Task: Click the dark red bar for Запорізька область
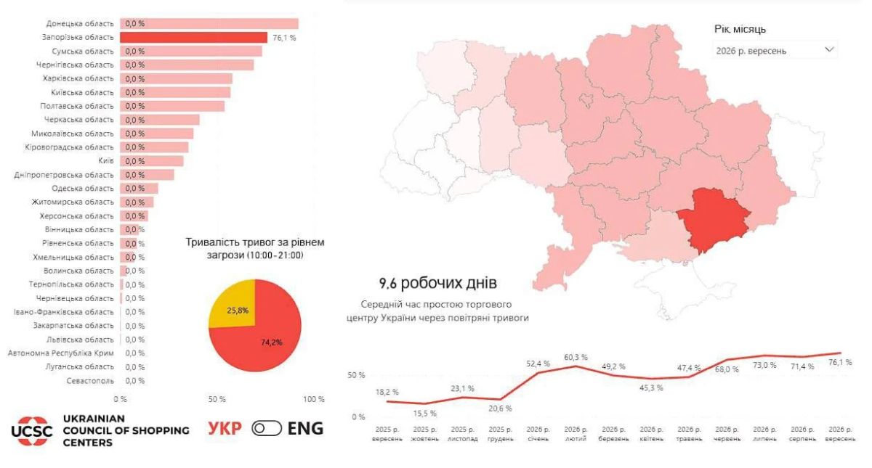(193, 37)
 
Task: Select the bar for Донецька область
(209, 24)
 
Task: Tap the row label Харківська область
(78, 78)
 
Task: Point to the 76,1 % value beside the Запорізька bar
(284, 38)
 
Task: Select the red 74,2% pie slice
(269, 338)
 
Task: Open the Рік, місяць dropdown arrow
(829, 50)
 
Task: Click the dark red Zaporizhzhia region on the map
(712, 220)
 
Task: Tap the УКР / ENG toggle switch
(267, 428)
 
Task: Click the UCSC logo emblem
(31, 431)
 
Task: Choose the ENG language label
(306, 428)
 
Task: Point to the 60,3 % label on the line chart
(576, 357)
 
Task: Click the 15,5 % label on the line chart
(424, 414)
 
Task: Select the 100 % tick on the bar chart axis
(314, 399)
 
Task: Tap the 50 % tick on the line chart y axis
(356, 376)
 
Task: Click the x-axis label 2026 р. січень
(538, 434)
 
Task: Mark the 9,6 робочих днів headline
(438, 283)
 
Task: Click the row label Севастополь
(90, 381)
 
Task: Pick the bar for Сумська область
(190, 52)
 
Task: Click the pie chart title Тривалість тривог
(255, 249)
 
